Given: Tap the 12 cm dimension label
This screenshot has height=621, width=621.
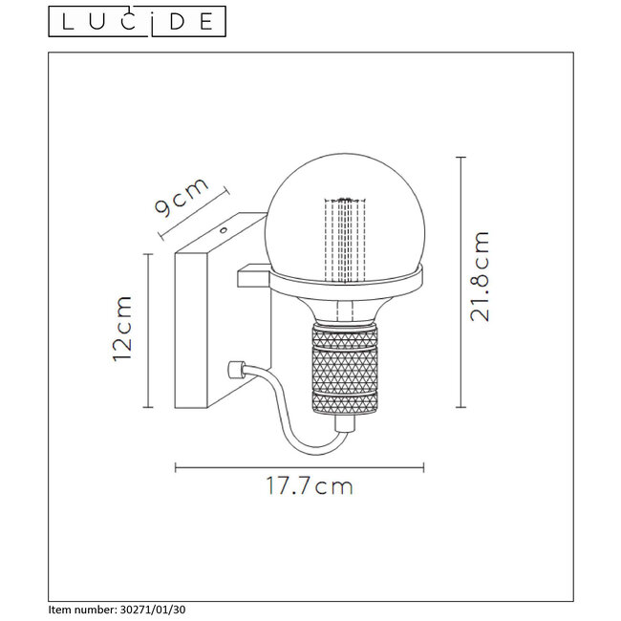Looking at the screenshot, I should [x=121, y=329].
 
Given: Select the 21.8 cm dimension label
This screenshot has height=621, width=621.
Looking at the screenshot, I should [x=482, y=277].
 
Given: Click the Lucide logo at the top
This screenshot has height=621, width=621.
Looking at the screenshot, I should [x=138, y=20].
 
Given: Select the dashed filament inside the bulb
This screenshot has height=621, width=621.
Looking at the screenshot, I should [x=345, y=239].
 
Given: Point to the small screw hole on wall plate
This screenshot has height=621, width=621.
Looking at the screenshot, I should [x=223, y=229].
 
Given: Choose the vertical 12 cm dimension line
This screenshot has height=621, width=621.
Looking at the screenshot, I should [x=149, y=330].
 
